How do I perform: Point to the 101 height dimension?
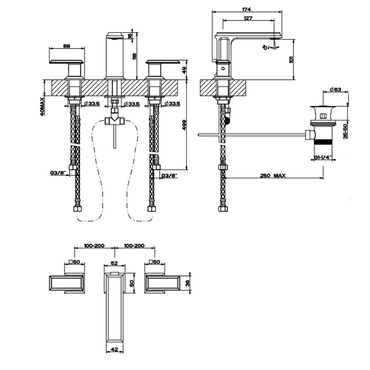291,59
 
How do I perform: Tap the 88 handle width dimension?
67,46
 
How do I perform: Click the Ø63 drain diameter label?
335,90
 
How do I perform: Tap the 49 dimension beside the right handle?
184,69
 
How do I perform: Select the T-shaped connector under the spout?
114,120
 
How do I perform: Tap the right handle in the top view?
164,284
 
